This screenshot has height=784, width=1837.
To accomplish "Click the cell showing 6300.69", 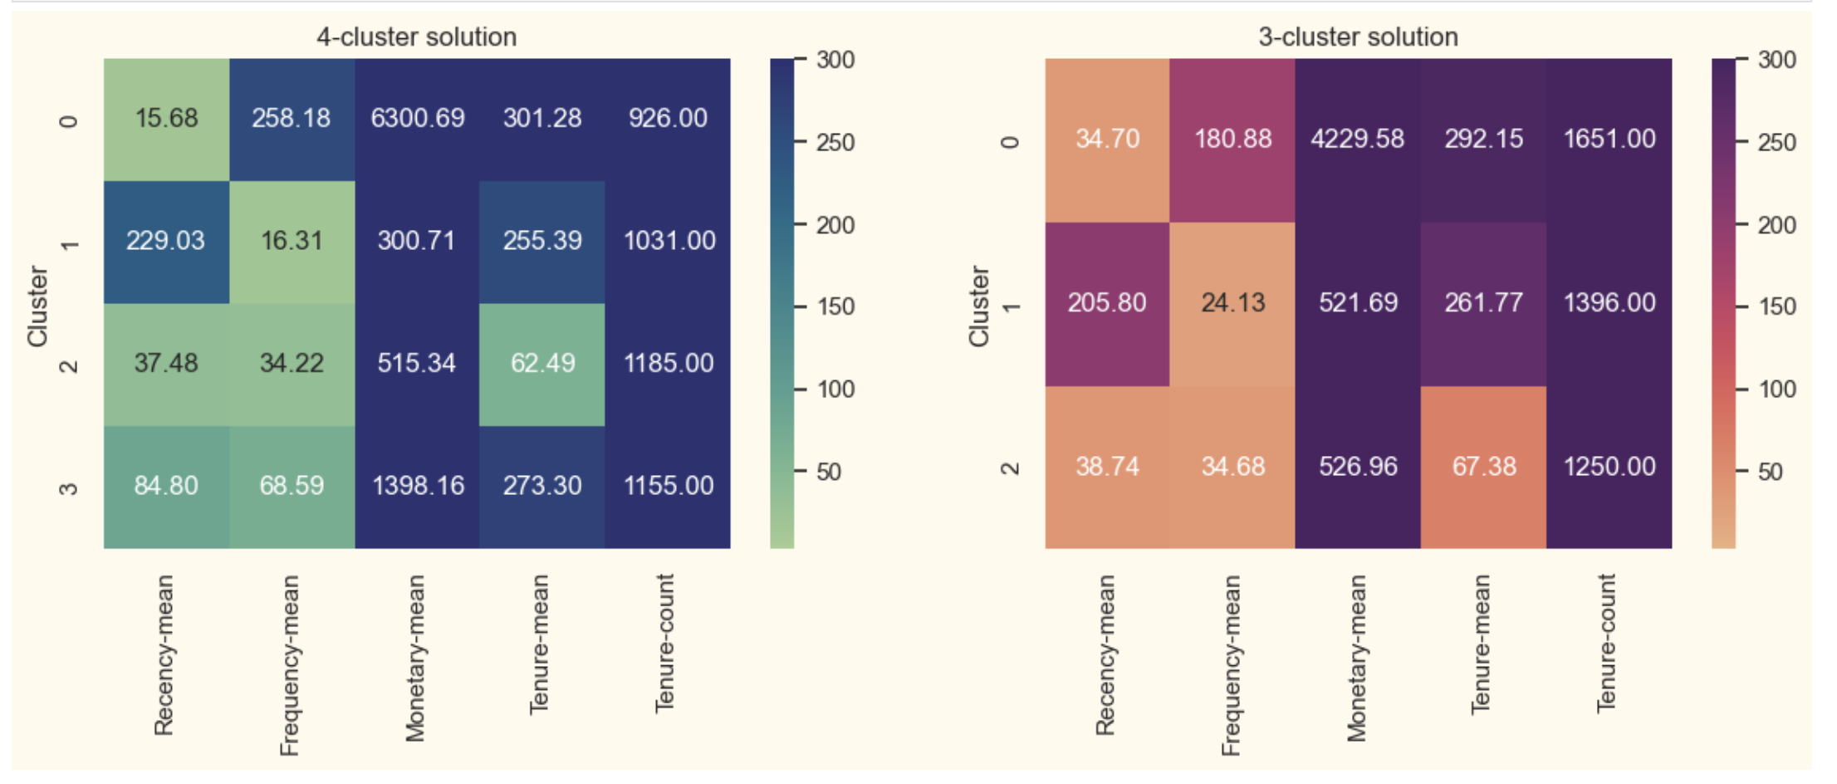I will click(417, 119).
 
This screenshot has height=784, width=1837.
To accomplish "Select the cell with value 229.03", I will click(165, 241).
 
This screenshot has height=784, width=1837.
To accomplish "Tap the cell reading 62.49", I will click(542, 364).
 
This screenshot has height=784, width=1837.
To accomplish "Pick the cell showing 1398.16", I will click(417, 486).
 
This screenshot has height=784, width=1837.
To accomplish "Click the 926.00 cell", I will click(668, 119).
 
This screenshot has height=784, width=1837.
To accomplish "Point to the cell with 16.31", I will click(291, 241).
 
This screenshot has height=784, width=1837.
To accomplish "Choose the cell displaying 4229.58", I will click(1357, 139).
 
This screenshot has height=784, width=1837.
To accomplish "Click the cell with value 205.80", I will click(1107, 303).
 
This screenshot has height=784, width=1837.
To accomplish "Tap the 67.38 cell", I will click(1483, 467).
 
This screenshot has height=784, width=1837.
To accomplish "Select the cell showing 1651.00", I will click(1609, 139).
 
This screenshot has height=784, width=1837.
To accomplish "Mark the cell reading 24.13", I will click(1232, 303).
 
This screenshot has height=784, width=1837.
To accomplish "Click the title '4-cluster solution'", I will click(416, 37).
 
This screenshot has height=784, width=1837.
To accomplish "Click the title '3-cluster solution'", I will click(1358, 37).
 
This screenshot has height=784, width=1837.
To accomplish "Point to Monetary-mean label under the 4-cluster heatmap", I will click(415, 658).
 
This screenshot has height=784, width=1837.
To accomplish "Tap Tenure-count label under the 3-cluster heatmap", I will click(1606, 643).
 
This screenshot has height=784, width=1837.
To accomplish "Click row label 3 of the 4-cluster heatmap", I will click(69, 487).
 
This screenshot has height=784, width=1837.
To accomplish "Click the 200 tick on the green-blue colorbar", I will click(835, 225).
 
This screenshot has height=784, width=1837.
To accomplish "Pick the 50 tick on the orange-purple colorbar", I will click(1771, 473).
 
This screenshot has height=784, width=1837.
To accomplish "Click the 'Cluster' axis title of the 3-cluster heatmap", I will click(979, 306).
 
